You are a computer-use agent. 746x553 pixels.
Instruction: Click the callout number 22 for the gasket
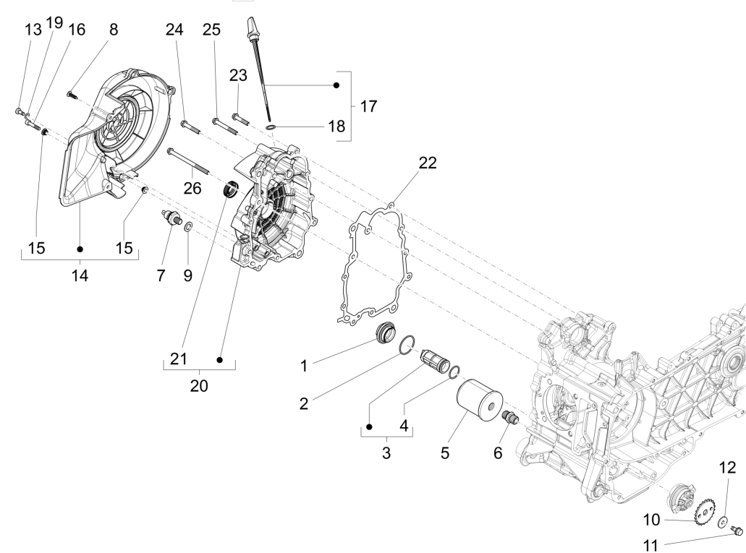(428, 163)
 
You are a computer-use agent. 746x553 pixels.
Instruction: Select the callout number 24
(174, 30)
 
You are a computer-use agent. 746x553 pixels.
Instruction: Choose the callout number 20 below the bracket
(199, 385)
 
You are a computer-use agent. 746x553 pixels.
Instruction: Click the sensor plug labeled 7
(171, 217)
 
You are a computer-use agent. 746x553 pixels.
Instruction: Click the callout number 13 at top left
(33, 30)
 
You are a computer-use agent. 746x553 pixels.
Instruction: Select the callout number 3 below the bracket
(386, 453)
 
